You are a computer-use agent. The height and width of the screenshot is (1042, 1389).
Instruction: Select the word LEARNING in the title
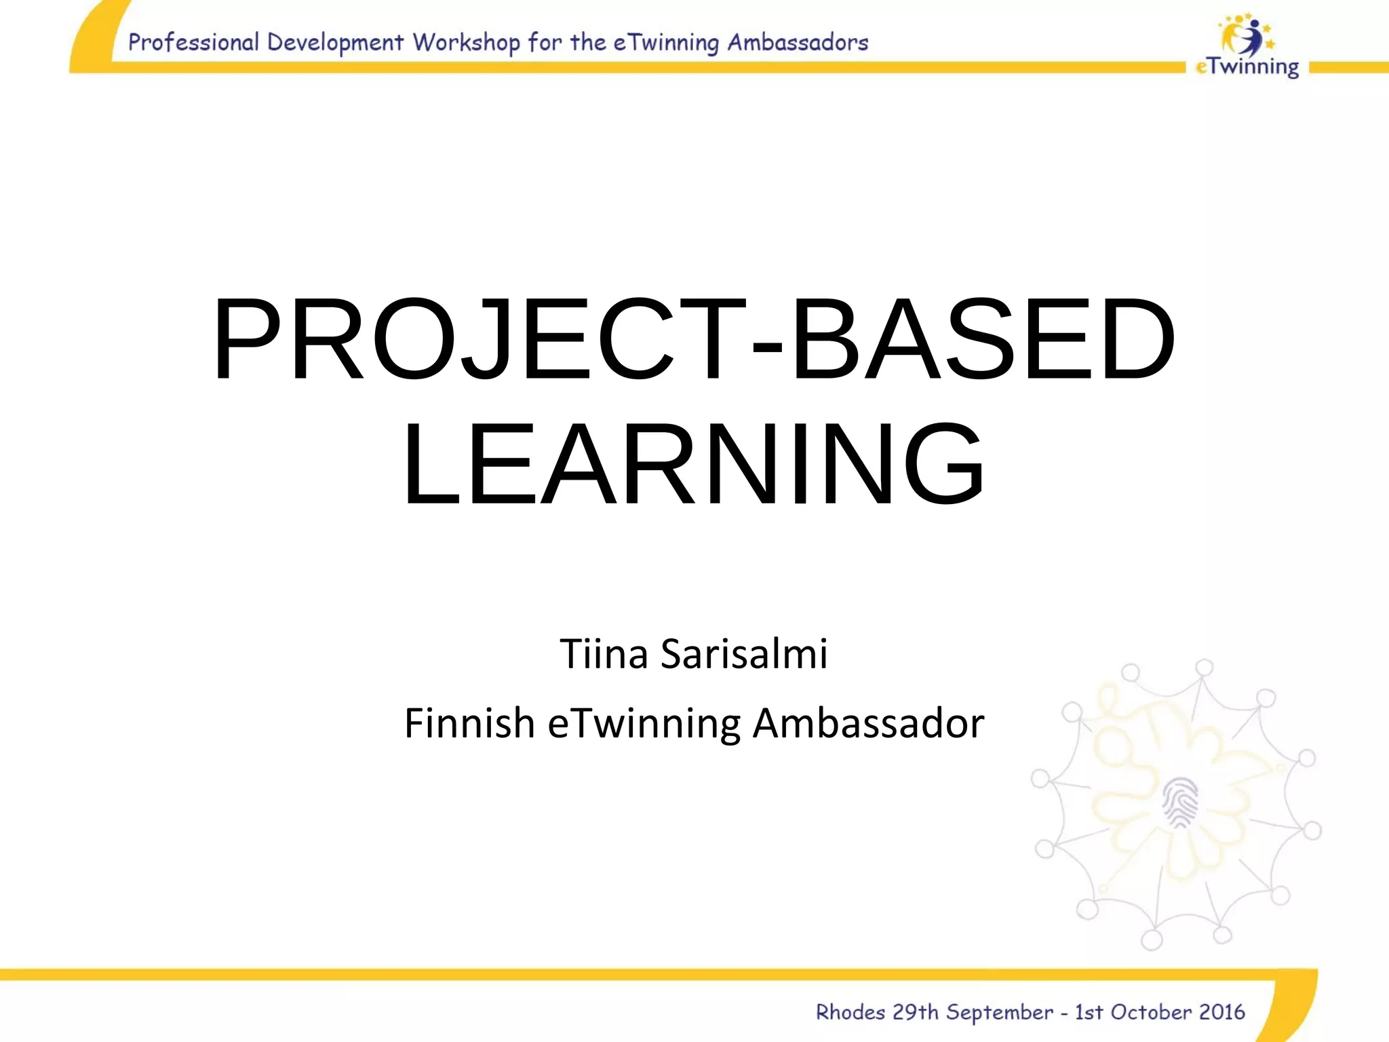[693, 464]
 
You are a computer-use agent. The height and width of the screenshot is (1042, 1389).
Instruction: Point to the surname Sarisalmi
[744, 655]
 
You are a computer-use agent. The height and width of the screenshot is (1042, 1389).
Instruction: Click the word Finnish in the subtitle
[469, 723]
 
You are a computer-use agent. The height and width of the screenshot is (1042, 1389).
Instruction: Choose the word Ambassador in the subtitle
[868, 723]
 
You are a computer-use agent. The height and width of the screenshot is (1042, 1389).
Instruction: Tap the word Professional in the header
[193, 42]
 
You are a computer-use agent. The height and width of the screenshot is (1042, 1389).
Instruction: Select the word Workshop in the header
[467, 43]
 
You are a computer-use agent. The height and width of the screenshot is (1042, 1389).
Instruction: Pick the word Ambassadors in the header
[798, 42]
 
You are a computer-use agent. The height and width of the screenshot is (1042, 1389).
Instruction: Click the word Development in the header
[336, 43]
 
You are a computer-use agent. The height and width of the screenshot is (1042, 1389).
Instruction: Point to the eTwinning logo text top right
[1248, 67]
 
